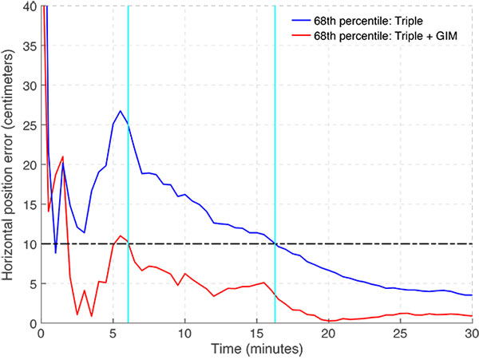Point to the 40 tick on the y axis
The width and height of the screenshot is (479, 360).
pyautogui.click(x=30, y=6)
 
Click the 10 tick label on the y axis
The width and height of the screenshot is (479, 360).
pyautogui.click(x=30, y=244)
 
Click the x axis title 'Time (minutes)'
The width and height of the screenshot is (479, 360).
pyautogui.click(x=256, y=350)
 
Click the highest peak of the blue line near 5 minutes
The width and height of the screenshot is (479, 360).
pyautogui.click(x=120, y=111)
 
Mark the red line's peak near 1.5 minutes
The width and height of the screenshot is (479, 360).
pyautogui.click(x=62, y=156)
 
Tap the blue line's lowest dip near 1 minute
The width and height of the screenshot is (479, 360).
pyautogui.click(x=55, y=253)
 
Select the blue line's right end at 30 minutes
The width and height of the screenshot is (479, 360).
pyautogui.click(x=472, y=295)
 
